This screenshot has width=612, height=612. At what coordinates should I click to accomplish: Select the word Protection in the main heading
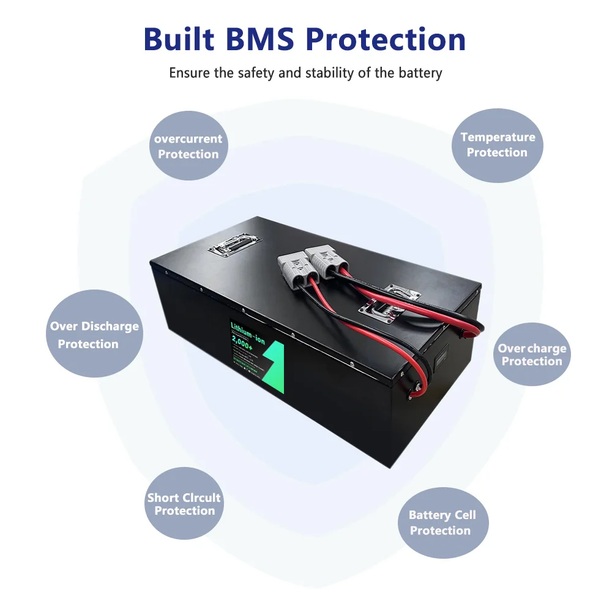tap(386, 40)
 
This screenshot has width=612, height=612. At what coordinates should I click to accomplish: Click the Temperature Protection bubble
tap(497, 145)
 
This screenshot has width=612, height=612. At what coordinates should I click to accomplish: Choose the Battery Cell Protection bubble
tap(442, 523)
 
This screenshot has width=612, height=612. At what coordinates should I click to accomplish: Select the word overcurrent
tap(188, 139)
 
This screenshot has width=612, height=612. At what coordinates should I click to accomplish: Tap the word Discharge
tap(110, 327)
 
